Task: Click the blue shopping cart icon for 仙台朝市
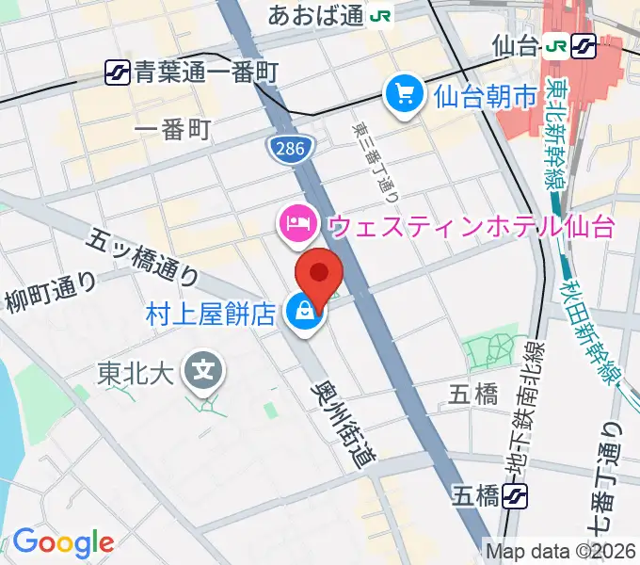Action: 406,95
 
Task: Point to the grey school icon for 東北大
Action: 203,369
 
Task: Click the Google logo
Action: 62,542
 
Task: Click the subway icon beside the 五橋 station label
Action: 515,494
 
